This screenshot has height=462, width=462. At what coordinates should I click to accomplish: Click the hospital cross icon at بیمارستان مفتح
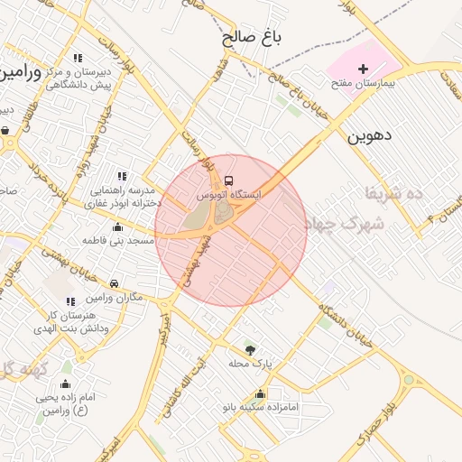364,69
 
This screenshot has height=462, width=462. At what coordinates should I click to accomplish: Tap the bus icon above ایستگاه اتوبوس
227,180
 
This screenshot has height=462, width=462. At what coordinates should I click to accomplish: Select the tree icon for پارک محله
250,349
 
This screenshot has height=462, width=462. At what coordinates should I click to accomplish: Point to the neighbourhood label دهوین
368,136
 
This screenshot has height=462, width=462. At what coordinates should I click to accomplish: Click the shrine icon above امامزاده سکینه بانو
261,393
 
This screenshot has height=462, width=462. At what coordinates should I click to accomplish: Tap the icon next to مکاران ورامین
114,282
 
